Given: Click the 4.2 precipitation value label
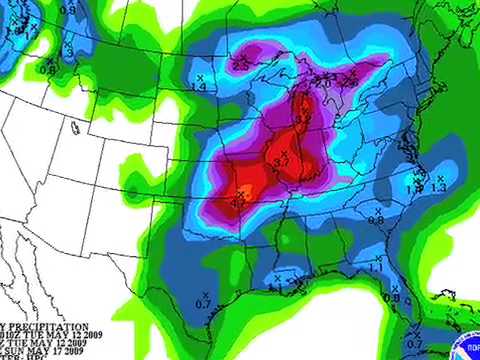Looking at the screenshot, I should pos(239,202).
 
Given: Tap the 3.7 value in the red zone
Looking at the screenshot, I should pos(281,162).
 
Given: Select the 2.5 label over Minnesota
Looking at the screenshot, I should pos(241,64).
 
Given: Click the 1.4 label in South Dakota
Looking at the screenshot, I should pos(199,88).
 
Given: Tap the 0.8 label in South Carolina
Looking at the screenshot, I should pos(376,219).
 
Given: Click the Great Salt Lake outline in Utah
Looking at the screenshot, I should pos(76,127).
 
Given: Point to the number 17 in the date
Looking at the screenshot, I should pos(64,351).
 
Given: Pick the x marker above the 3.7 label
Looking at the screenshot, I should pos(281,152).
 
